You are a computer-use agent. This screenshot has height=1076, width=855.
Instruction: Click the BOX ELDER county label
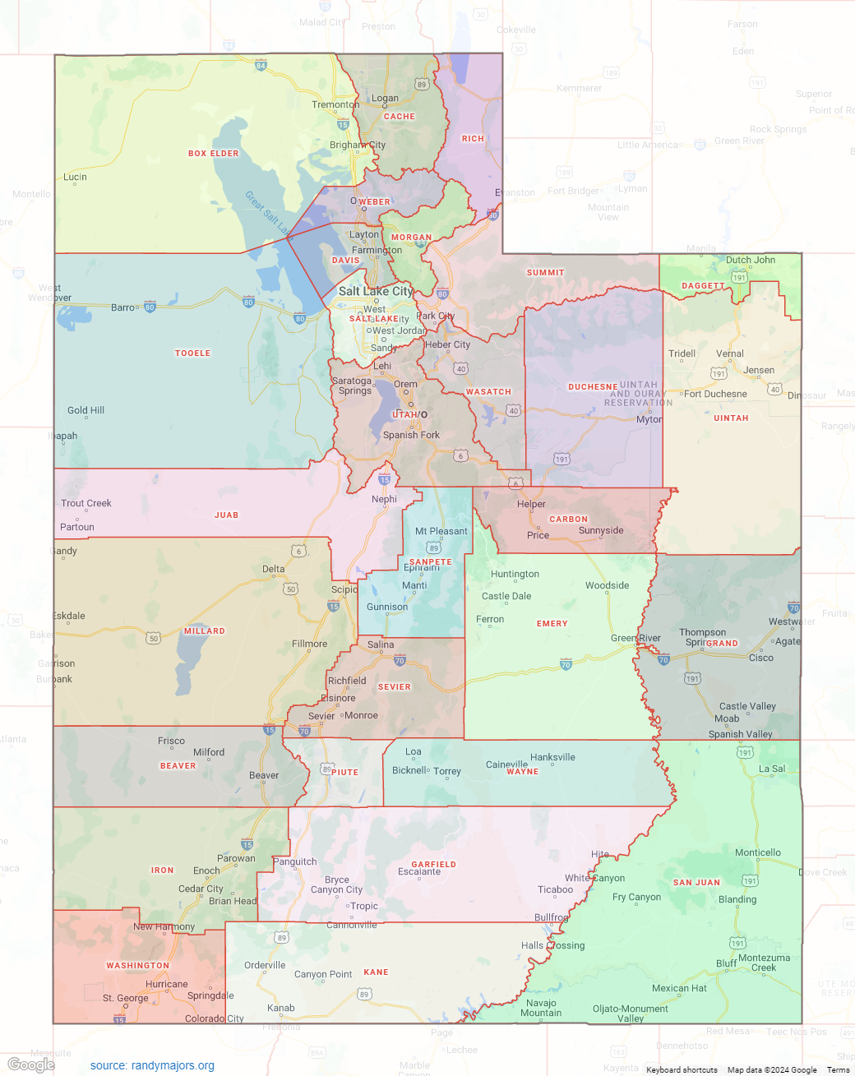click(213, 154)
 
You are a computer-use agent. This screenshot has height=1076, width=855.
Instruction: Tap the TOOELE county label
click(192, 353)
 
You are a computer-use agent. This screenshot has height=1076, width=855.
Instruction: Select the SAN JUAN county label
click(696, 883)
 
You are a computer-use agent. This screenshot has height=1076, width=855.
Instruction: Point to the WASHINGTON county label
click(137, 966)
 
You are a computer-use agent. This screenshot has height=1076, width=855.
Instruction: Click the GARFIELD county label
click(433, 865)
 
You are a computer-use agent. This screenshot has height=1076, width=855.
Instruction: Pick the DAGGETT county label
click(703, 286)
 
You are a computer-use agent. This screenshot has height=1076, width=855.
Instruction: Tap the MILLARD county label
click(204, 631)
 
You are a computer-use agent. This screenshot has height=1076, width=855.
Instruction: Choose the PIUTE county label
click(344, 773)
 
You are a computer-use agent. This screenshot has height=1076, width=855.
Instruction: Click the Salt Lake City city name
click(376, 291)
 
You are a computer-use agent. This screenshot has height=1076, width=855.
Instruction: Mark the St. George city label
click(126, 998)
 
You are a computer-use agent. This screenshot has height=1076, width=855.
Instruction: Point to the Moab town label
click(727, 718)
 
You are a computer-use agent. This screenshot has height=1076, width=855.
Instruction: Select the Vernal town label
click(729, 353)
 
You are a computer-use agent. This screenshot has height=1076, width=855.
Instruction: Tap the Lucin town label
click(75, 177)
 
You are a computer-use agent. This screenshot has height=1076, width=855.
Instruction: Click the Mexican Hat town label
click(678, 988)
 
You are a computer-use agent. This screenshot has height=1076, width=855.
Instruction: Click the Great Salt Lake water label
click(267, 212)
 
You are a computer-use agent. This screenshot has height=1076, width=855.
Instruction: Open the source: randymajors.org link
click(152, 1065)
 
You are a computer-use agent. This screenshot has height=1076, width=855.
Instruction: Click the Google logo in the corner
click(31, 1064)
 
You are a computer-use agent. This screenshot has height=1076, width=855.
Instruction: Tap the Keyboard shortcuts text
click(682, 1069)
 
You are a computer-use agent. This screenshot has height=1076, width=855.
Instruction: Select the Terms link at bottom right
click(838, 1069)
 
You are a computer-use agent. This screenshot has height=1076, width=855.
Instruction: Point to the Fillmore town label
click(309, 644)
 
